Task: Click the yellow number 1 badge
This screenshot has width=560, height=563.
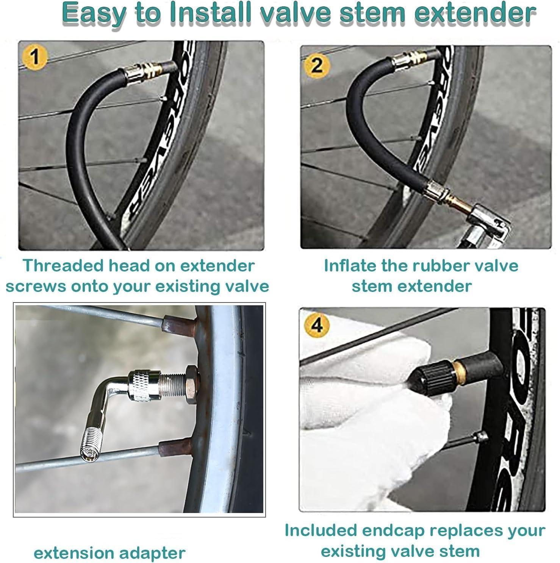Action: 35,57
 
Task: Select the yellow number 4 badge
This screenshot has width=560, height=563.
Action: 317,324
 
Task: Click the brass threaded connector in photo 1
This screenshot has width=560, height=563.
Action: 144,70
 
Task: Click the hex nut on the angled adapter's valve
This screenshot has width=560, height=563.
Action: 191,384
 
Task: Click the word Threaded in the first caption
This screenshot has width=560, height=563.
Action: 63,266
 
